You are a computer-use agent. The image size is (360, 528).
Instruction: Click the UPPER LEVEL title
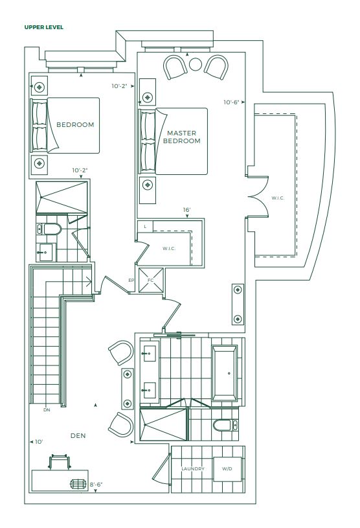tap(44, 27)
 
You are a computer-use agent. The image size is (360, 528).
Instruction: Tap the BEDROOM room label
tap(75, 124)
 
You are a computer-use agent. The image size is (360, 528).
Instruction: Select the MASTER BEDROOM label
tap(182, 137)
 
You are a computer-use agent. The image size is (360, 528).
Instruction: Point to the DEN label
tap(78, 436)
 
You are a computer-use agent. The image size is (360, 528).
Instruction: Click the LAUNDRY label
tap(193, 469)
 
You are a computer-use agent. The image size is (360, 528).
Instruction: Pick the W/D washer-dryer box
tap(227, 469)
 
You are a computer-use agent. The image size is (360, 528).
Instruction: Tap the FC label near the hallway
tap(150, 280)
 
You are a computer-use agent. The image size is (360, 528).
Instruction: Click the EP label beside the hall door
tap(131, 280)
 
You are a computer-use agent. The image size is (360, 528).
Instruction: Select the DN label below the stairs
tap(47, 410)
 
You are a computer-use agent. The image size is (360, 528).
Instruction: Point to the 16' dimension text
tap(186, 210)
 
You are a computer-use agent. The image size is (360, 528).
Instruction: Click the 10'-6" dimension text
tap(231, 102)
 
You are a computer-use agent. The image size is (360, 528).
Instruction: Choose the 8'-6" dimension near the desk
tap(96, 485)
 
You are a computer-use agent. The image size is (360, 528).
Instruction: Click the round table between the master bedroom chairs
tap(196, 64)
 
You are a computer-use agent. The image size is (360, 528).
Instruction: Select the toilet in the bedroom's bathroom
tap(49, 229)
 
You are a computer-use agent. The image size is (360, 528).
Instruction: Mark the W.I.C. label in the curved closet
tap(278, 198)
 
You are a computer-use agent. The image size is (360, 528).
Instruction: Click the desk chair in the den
tap(60, 461)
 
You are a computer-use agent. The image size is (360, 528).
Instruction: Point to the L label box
tap(145, 226)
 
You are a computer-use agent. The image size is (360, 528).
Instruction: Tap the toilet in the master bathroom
tap(226, 425)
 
